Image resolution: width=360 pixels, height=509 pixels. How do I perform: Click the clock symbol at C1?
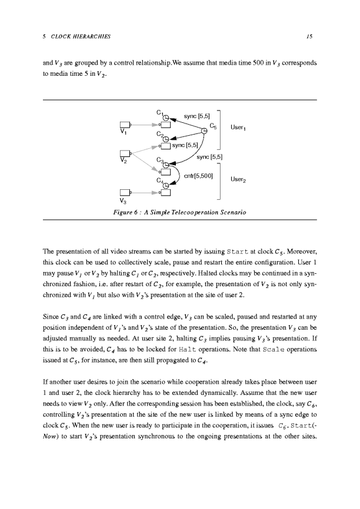point(166,116)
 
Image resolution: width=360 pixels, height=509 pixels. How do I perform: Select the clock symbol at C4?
point(166,185)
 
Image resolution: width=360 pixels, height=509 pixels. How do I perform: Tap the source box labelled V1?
point(124,125)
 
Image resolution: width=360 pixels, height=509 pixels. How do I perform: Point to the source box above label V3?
point(124,193)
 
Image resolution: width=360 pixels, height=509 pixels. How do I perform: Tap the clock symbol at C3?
point(166,164)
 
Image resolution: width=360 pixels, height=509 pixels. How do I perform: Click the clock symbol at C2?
point(166,139)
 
